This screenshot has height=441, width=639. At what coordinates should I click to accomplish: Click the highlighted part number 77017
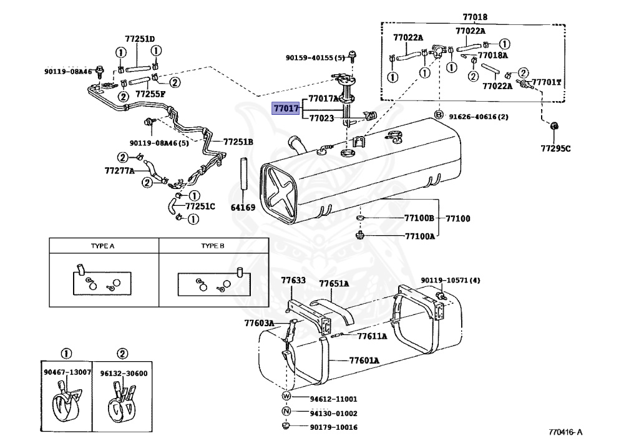[x=286, y=109]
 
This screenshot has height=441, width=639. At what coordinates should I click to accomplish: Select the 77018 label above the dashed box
[x=475, y=17]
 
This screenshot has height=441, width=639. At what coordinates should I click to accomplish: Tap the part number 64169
[x=243, y=208]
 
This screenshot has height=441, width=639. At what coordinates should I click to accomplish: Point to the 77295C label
[x=555, y=148]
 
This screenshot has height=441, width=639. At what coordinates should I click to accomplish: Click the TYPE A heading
[x=103, y=246]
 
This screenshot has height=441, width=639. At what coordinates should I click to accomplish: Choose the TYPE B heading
[x=213, y=246]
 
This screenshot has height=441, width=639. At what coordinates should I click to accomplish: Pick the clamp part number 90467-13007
[x=67, y=372]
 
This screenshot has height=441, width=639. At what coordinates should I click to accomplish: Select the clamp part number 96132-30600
[x=124, y=374]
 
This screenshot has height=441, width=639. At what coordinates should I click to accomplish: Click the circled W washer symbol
[x=286, y=396]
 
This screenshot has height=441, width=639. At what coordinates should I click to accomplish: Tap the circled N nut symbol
[x=286, y=411]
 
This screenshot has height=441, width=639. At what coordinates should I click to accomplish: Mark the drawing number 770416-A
[x=565, y=432]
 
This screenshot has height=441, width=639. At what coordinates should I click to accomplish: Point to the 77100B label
[x=419, y=218]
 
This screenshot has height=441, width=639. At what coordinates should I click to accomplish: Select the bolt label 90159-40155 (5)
[x=315, y=58]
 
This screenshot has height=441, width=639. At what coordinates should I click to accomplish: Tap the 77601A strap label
[x=364, y=361]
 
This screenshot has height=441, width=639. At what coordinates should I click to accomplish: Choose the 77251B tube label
[x=238, y=142]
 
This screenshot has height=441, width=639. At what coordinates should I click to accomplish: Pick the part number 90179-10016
[x=333, y=427]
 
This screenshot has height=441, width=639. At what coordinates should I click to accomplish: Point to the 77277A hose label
[x=119, y=171]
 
